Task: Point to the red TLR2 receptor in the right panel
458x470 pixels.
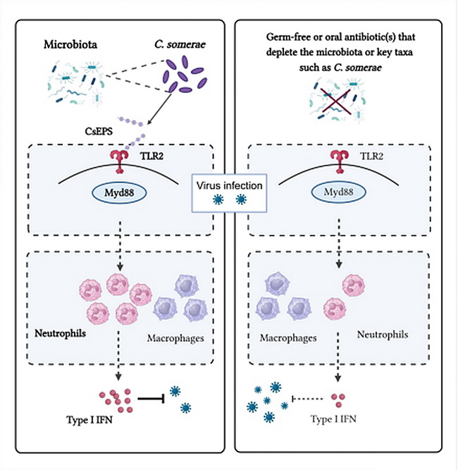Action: click(x=343, y=160)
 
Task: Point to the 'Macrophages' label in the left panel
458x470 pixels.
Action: click(x=175, y=339)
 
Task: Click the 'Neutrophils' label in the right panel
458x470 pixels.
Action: click(x=382, y=333)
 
